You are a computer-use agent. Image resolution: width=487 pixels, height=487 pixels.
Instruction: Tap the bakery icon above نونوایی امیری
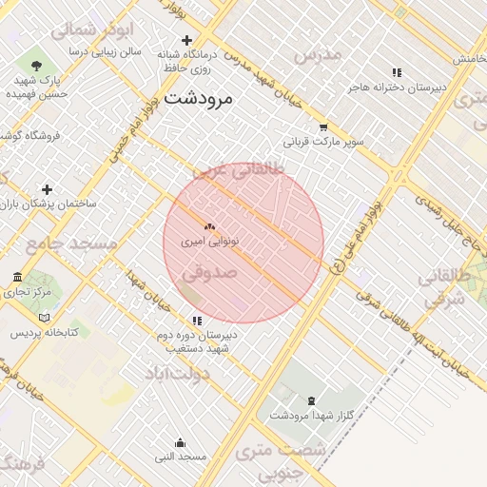pyautogui.click(x=209, y=226)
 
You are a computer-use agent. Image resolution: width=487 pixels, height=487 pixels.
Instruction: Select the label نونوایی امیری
pyautogui.click(x=210, y=242)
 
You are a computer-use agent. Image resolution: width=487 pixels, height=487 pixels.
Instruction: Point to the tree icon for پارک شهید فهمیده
pyautogui.click(x=36, y=66)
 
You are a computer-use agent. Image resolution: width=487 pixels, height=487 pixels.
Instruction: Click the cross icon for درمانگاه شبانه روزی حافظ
pyautogui.click(x=186, y=41)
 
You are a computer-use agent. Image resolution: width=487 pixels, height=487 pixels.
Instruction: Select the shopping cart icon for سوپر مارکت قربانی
pyautogui.click(x=323, y=127)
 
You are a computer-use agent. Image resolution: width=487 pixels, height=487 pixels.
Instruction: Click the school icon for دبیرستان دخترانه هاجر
pyautogui.click(x=397, y=72)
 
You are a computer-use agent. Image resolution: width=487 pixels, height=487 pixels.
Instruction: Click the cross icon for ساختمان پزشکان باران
pyautogui.click(x=47, y=189)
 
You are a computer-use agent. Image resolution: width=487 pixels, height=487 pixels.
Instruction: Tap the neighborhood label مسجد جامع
pyautogui.click(x=71, y=244)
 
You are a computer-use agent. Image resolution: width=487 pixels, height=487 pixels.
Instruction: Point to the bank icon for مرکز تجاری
pyautogui.click(x=17, y=277)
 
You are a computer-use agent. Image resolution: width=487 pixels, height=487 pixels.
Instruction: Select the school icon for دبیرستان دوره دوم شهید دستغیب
pyautogui.click(x=197, y=321)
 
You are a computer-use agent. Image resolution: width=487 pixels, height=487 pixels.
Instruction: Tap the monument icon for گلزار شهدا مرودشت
pyautogui.click(x=312, y=400)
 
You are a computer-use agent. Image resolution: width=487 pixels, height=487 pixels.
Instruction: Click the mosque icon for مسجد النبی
pyautogui.click(x=181, y=442)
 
